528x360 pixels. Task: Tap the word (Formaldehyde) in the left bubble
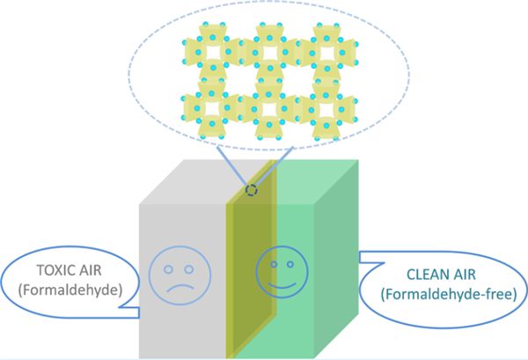(x=70, y=290)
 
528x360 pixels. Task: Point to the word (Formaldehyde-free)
(x=449, y=294)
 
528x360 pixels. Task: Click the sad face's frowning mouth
(x=180, y=289)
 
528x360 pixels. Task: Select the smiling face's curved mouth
(x=282, y=286)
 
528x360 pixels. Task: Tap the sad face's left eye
(x=168, y=269)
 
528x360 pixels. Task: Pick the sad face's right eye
(x=189, y=269)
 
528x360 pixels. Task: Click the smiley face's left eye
(x=274, y=264)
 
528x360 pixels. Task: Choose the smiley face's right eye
(x=290, y=264)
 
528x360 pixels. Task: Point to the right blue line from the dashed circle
(x=274, y=166)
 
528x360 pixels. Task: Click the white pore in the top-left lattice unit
(x=212, y=53)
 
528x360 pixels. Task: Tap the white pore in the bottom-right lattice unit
(x=326, y=110)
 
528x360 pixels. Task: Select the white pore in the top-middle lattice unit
(x=269, y=53)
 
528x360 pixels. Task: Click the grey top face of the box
(x=202, y=182)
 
